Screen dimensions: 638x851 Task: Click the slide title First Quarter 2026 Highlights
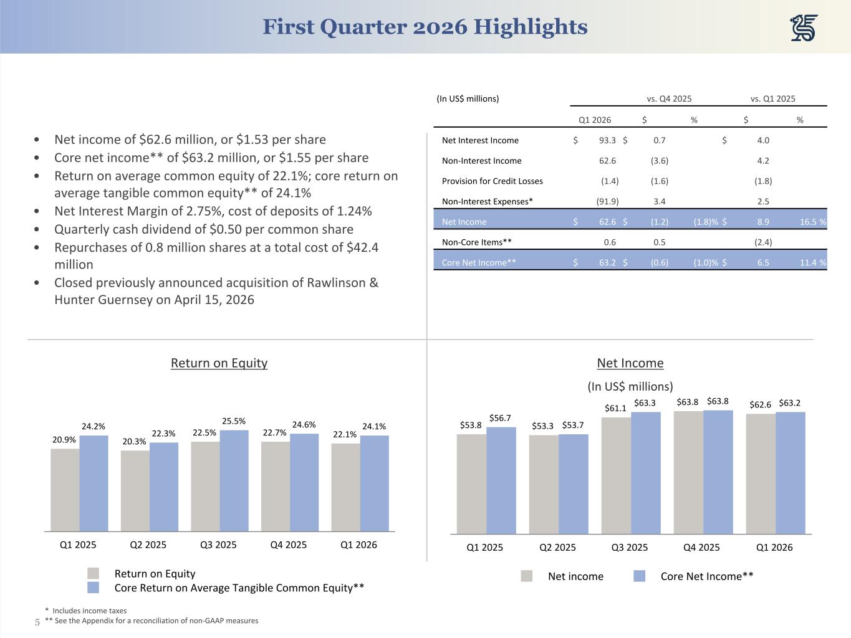(425, 27)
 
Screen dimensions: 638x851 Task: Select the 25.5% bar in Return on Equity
(234, 480)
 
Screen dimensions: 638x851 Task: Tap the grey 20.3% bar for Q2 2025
(135, 490)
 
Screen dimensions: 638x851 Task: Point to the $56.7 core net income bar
(501, 480)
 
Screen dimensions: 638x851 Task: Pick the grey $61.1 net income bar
(616, 475)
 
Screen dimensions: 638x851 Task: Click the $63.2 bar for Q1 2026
(790, 473)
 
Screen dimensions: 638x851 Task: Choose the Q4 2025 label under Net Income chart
(701, 547)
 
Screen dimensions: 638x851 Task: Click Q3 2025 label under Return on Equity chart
(218, 545)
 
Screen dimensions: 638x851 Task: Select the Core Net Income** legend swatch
(639, 576)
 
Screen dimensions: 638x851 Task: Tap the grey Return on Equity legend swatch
(93, 573)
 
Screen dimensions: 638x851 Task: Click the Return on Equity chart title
(219, 363)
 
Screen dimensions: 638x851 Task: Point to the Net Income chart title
(630, 363)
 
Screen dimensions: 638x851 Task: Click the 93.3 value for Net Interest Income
(607, 140)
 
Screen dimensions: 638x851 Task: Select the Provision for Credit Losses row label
(492, 181)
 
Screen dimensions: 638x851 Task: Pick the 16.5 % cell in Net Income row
(813, 221)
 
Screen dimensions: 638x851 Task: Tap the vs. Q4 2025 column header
(669, 98)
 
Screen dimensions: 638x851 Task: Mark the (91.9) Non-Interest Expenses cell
(607, 201)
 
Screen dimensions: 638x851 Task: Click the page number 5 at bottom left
(37, 622)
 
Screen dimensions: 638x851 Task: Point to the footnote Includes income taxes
(89, 611)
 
